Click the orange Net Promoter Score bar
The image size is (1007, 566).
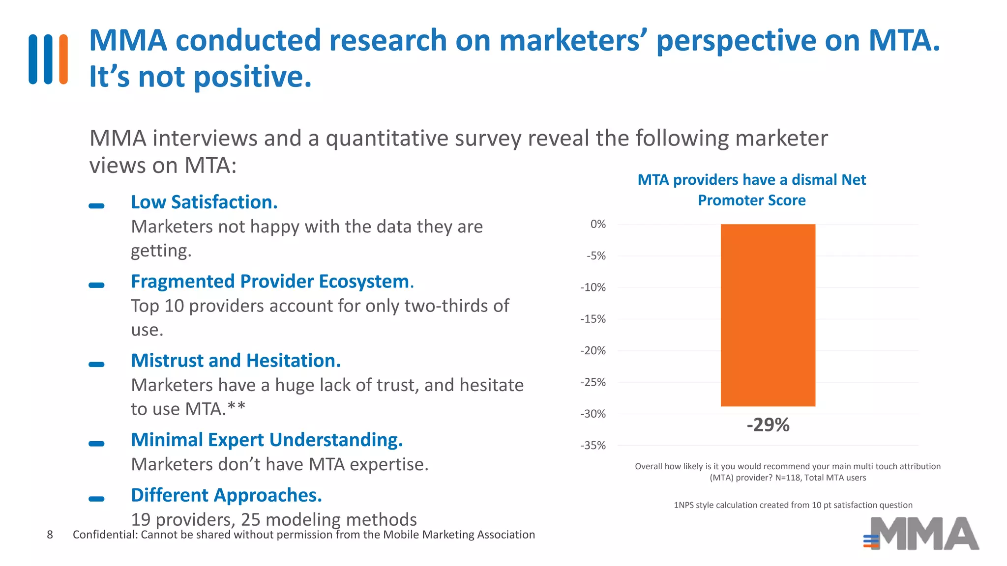click(768, 315)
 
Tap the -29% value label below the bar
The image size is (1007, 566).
click(768, 425)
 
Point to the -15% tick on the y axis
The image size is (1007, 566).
click(593, 319)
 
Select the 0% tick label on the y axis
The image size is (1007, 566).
click(598, 225)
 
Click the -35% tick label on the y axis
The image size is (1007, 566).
click(593, 446)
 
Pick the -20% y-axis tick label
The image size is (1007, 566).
click(593, 351)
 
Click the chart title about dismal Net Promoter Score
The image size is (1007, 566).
click(751, 190)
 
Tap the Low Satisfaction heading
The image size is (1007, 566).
click(204, 202)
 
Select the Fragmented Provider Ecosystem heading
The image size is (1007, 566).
click(272, 282)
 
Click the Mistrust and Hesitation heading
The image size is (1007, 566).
click(236, 361)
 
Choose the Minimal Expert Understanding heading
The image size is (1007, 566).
click(267, 440)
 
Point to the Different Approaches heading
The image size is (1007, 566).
click(226, 495)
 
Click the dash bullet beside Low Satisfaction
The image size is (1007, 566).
click(96, 206)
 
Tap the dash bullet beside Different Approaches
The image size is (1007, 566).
click(96, 499)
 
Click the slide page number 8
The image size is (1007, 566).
click(50, 535)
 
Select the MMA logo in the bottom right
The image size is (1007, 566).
click(922, 534)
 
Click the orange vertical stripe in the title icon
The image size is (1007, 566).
click(63, 59)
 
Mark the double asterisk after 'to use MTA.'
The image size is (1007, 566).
click(237, 407)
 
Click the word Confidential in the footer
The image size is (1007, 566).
click(105, 535)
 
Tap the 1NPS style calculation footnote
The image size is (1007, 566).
click(793, 505)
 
